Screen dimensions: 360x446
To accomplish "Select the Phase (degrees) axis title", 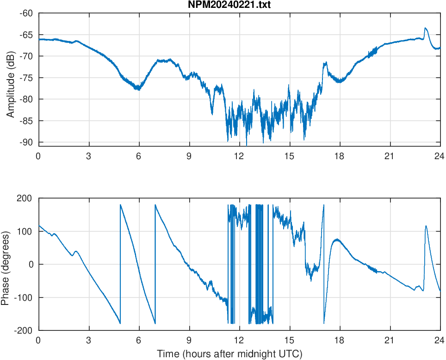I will click(x=6, y=264).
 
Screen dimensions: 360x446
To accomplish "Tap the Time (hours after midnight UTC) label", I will click(x=229, y=354).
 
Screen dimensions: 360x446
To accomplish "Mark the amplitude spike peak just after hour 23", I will click(x=425, y=28).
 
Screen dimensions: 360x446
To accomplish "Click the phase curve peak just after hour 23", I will click(x=426, y=226).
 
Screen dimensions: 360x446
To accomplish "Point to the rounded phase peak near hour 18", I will click(x=337, y=240).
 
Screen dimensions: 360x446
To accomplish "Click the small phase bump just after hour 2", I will click(x=76, y=251).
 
